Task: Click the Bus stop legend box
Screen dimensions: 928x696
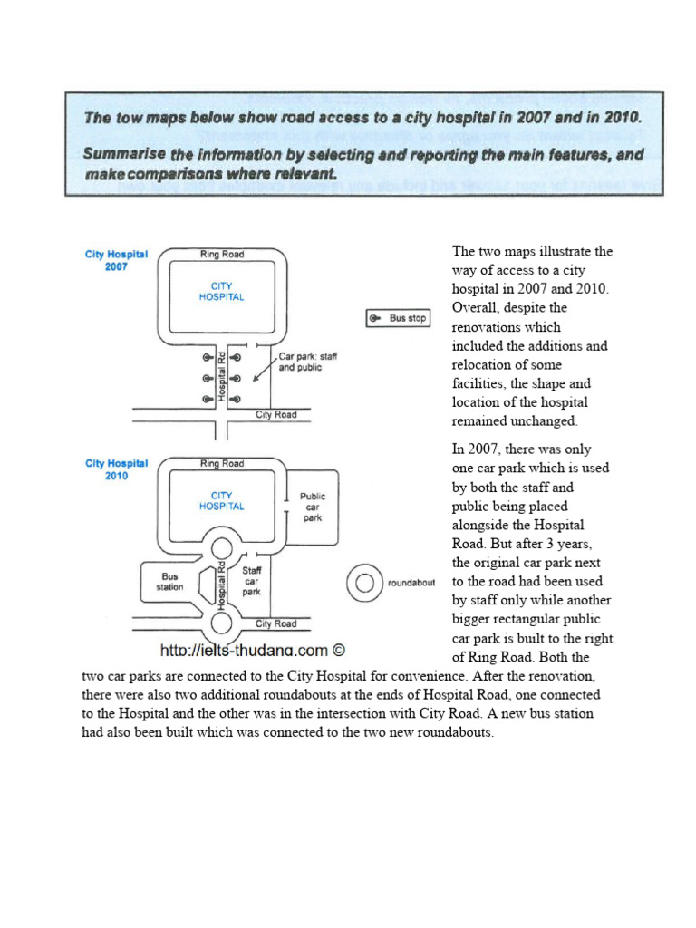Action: tap(397, 318)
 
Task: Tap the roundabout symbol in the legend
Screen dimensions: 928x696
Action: tap(364, 583)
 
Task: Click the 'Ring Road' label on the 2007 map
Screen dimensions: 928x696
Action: tap(222, 255)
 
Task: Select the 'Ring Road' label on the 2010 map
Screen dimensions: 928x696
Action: tap(222, 464)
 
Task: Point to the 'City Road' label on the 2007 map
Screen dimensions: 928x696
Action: tap(275, 415)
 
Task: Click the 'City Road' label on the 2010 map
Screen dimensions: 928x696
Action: tap(275, 623)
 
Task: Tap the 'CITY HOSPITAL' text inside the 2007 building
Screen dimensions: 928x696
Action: tap(222, 292)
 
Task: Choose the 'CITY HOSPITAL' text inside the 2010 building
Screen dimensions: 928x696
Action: tap(222, 501)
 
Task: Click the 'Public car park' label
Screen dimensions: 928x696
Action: tap(313, 508)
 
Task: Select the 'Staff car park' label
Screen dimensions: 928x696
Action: tap(252, 581)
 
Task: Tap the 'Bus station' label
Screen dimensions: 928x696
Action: tap(170, 581)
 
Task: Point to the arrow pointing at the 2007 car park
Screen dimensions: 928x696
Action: tap(264, 371)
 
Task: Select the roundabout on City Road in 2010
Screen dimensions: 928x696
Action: tap(222, 623)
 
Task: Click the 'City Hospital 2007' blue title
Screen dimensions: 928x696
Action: tap(116, 261)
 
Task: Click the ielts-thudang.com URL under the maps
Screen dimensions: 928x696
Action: tap(253, 650)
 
